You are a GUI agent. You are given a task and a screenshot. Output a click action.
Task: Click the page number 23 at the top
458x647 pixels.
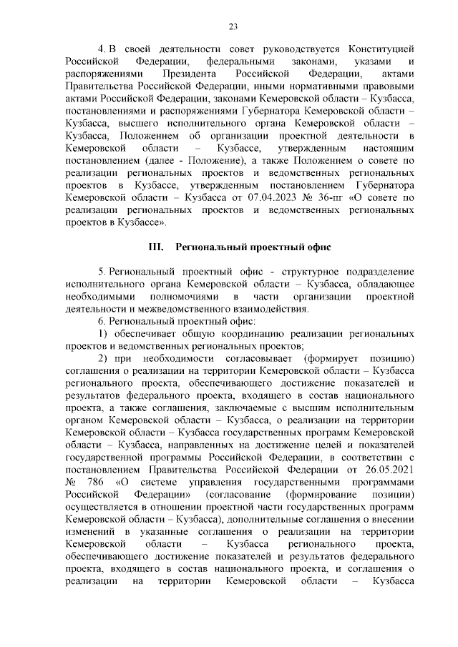[233, 27]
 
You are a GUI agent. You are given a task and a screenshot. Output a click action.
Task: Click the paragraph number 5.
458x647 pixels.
[102, 272]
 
